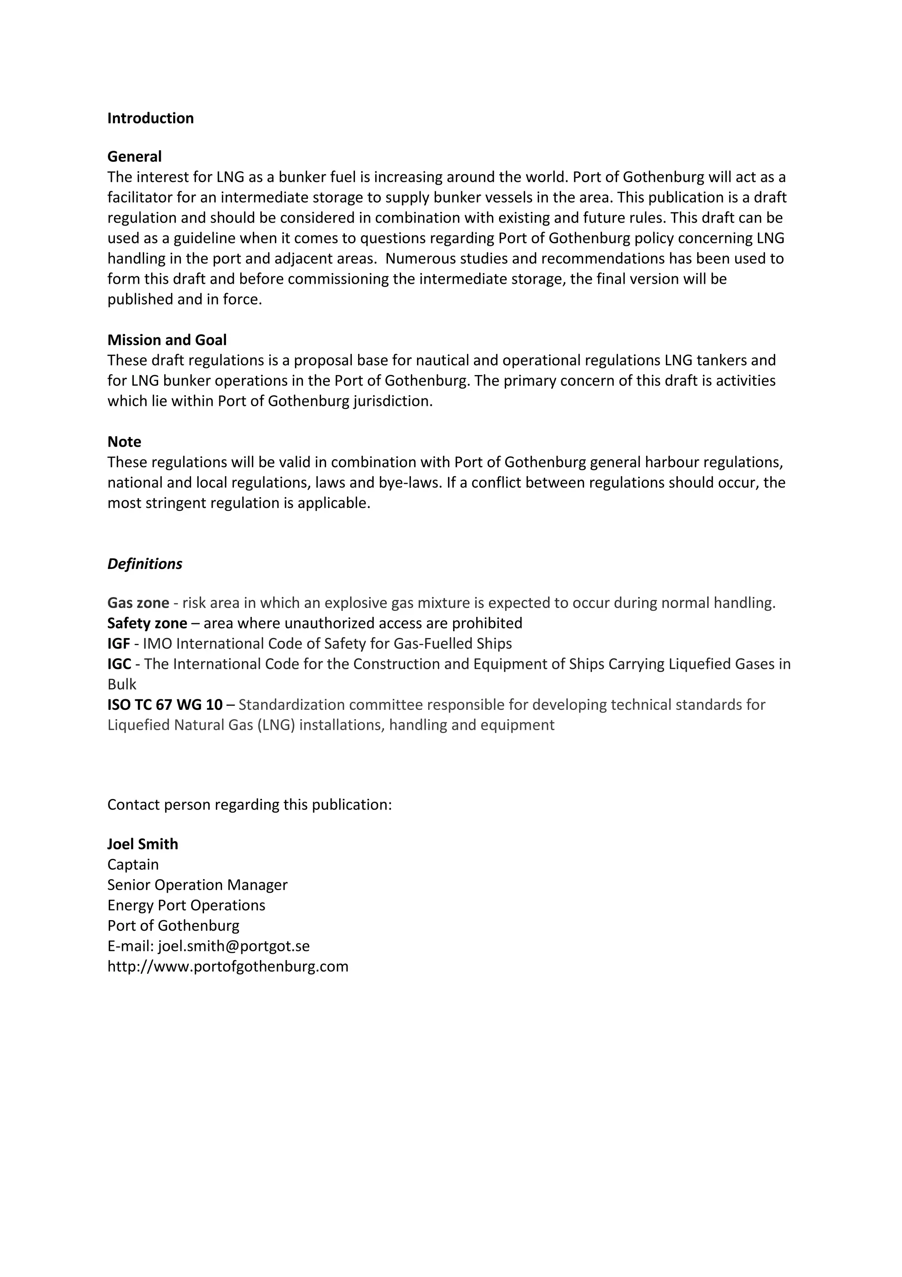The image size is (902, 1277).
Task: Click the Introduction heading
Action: tap(150, 118)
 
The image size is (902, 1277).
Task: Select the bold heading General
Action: tap(134, 156)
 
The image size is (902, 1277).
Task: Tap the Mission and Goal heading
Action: tap(167, 340)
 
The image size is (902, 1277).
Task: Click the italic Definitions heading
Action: tap(144, 564)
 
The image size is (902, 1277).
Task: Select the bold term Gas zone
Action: tap(138, 603)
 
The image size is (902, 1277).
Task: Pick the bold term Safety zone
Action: tap(147, 623)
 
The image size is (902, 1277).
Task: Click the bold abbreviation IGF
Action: tap(118, 643)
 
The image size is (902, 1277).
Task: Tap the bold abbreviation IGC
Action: tap(119, 664)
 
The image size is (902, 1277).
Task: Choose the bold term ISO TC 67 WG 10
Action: tap(165, 705)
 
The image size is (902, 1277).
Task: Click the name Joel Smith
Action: tap(142, 844)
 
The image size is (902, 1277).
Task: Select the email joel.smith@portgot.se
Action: tap(233, 946)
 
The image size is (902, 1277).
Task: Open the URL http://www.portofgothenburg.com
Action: tap(227, 967)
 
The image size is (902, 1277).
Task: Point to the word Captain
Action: tap(133, 865)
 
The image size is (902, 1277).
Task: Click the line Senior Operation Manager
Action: tap(197, 885)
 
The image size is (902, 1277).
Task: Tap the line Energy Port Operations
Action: tap(186, 906)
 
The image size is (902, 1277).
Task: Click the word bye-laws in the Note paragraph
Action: tap(410, 483)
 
